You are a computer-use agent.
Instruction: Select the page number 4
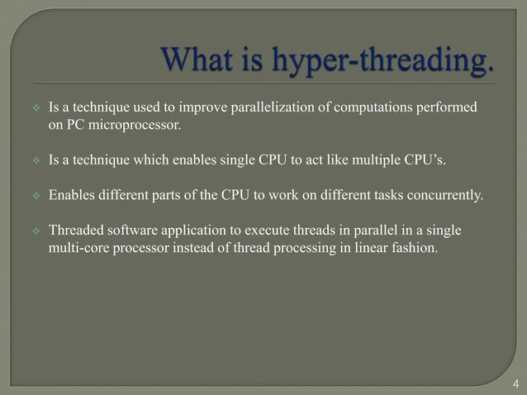516,383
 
